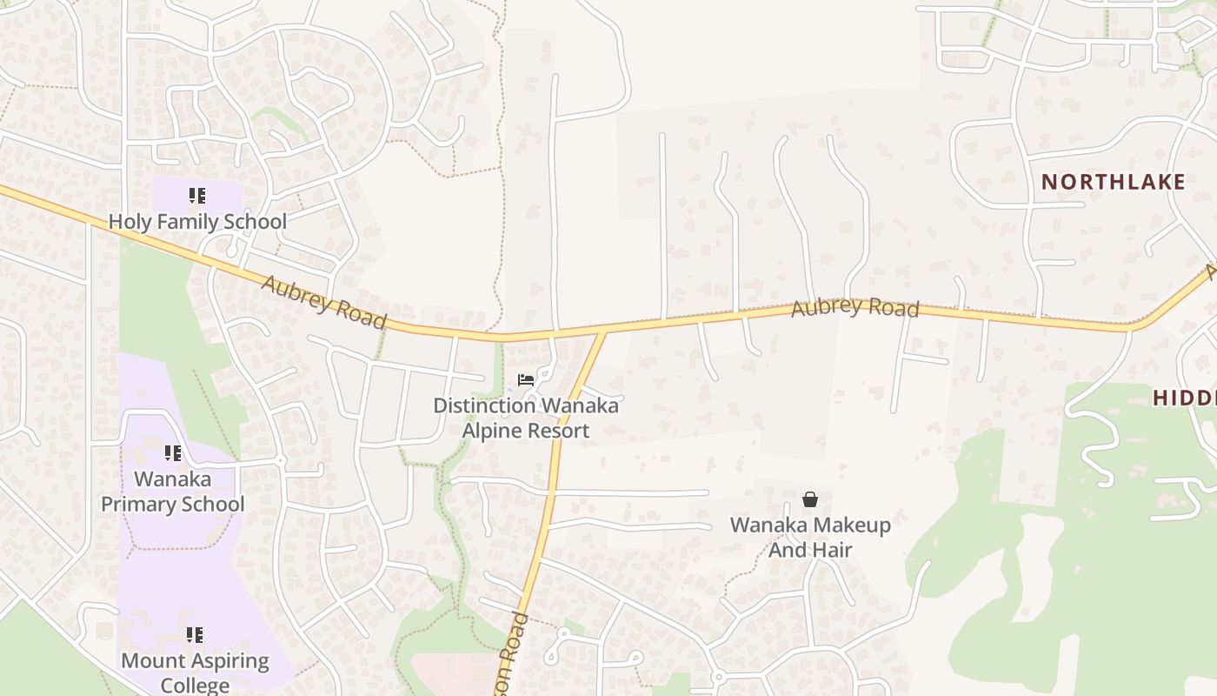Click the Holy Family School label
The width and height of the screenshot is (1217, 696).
[x=197, y=222]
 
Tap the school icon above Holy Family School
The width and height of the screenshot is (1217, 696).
[x=197, y=196]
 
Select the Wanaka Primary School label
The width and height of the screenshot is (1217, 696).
[x=173, y=492]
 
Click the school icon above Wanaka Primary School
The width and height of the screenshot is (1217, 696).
[x=173, y=453]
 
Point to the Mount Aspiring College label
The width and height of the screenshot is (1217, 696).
[x=195, y=673]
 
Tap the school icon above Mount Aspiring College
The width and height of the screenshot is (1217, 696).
[x=195, y=635]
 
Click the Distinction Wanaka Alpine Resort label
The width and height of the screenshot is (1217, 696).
[x=526, y=418]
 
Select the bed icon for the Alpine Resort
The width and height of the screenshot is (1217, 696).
[x=526, y=380]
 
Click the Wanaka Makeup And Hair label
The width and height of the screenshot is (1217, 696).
[x=810, y=537]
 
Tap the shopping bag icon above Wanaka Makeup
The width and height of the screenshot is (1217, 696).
[x=810, y=499]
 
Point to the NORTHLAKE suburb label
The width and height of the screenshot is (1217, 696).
[x=1113, y=182]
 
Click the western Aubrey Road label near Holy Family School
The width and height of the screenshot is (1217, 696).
[x=323, y=303]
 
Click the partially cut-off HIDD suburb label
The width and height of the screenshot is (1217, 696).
[x=1184, y=398]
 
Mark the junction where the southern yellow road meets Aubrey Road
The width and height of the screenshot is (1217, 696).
[x=602, y=332]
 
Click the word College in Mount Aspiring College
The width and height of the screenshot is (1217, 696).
[x=195, y=686]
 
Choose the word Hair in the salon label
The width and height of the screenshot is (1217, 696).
[x=831, y=550]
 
